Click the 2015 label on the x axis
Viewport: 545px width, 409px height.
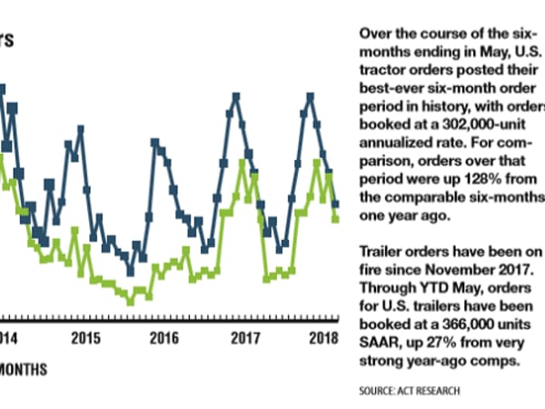[86, 339]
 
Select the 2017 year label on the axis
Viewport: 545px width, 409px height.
[243, 339]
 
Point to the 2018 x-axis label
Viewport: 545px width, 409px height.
[323, 339]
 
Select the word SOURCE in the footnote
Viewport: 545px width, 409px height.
[378, 391]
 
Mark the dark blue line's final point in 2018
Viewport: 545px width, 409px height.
[336, 204]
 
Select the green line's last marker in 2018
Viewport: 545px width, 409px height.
[336, 218]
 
